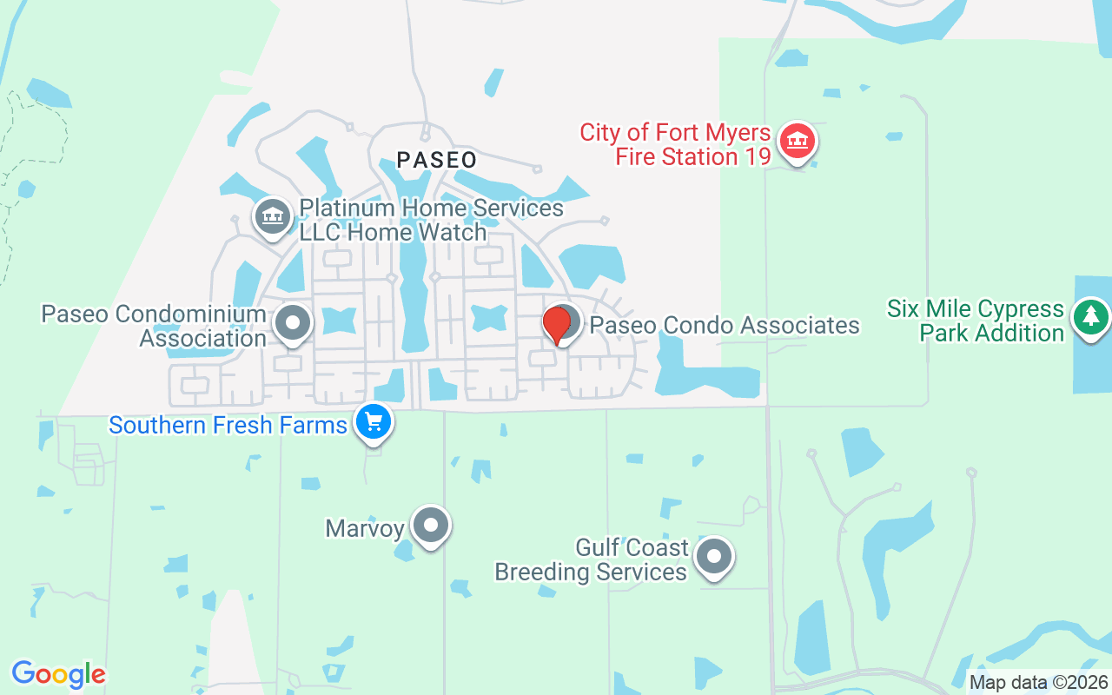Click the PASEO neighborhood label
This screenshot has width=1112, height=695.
point(437,160)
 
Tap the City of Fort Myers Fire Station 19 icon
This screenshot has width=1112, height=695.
point(797,141)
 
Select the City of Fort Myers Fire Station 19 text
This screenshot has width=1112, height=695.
point(676,144)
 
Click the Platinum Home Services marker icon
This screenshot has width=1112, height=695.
point(272,215)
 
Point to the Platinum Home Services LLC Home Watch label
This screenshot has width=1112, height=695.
point(431,221)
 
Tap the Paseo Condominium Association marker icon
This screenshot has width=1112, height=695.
point(293,324)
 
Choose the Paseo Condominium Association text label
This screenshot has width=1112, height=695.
point(154,326)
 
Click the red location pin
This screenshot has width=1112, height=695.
point(557,324)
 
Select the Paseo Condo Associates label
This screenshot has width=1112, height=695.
point(725,326)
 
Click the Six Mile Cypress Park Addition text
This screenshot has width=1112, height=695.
point(975,321)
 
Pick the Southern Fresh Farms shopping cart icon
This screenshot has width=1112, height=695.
point(374,423)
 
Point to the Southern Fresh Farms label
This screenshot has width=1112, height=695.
point(228,426)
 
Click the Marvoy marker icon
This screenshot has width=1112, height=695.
point(430,525)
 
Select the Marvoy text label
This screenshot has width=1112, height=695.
point(365,528)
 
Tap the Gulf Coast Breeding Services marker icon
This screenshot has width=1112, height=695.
point(714,556)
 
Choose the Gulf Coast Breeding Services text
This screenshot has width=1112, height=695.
point(591,559)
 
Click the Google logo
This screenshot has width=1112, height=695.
point(58,674)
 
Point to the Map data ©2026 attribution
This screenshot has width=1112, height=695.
point(1037,682)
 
